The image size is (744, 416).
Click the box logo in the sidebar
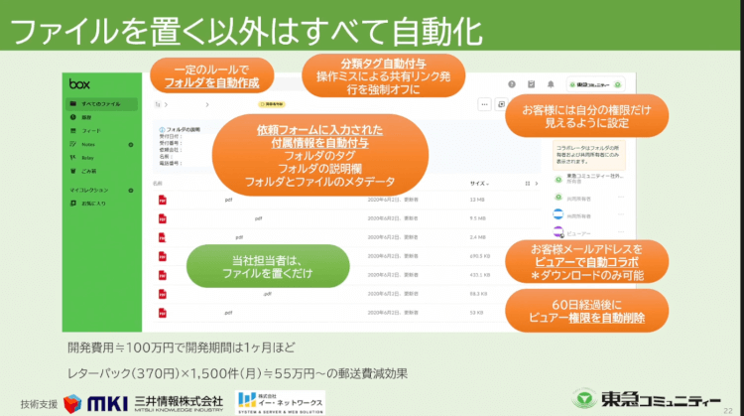coord(78,84)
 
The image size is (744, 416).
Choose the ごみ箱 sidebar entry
coord(90,170)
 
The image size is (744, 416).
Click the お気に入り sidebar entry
coord(94,203)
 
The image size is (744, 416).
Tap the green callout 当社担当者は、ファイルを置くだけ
coord(268,266)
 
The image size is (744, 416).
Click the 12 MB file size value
coord(477,200)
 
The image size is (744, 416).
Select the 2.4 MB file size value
coord(477,237)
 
